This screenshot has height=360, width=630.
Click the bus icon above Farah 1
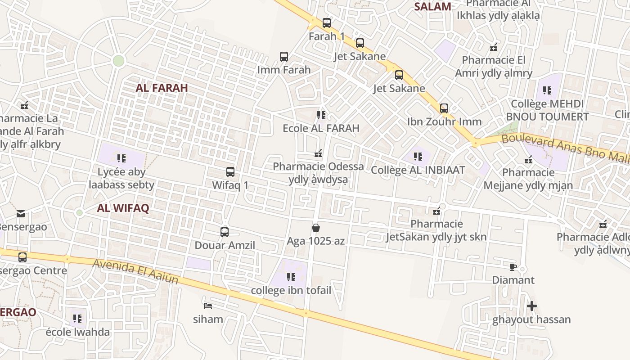[x=327, y=22]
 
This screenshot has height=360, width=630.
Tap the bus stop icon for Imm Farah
[x=284, y=57]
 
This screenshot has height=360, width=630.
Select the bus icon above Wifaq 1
[x=230, y=172]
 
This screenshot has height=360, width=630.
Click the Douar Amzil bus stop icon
[x=225, y=232]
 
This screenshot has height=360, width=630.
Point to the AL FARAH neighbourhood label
[x=162, y=88]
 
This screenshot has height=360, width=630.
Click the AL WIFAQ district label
[x=123, y=208]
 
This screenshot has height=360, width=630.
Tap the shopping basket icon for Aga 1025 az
[x=316, y=228]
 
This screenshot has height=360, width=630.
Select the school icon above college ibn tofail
[x=291, y=277]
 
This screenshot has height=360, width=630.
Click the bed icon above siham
[x=208, y=306]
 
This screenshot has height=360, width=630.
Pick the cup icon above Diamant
[x=513, y=267]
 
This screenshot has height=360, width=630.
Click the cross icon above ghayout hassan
[x=532, y=306]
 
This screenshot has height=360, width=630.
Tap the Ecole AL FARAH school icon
[x=321, y=115]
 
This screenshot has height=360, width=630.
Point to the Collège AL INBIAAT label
[x=418, y=171]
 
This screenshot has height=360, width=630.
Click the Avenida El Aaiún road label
[x=135, y=272]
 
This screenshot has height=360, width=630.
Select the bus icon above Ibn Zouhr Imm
[x=444, y=108]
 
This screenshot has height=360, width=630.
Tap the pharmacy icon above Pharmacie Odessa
[x=319, y=154]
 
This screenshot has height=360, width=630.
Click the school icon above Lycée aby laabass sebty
[x=121, y=158]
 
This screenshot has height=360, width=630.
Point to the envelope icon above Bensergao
[x=21, y=214]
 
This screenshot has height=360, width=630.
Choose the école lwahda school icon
[x=78, y=319]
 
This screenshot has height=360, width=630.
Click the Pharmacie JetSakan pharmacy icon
[x=436, y=211]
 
